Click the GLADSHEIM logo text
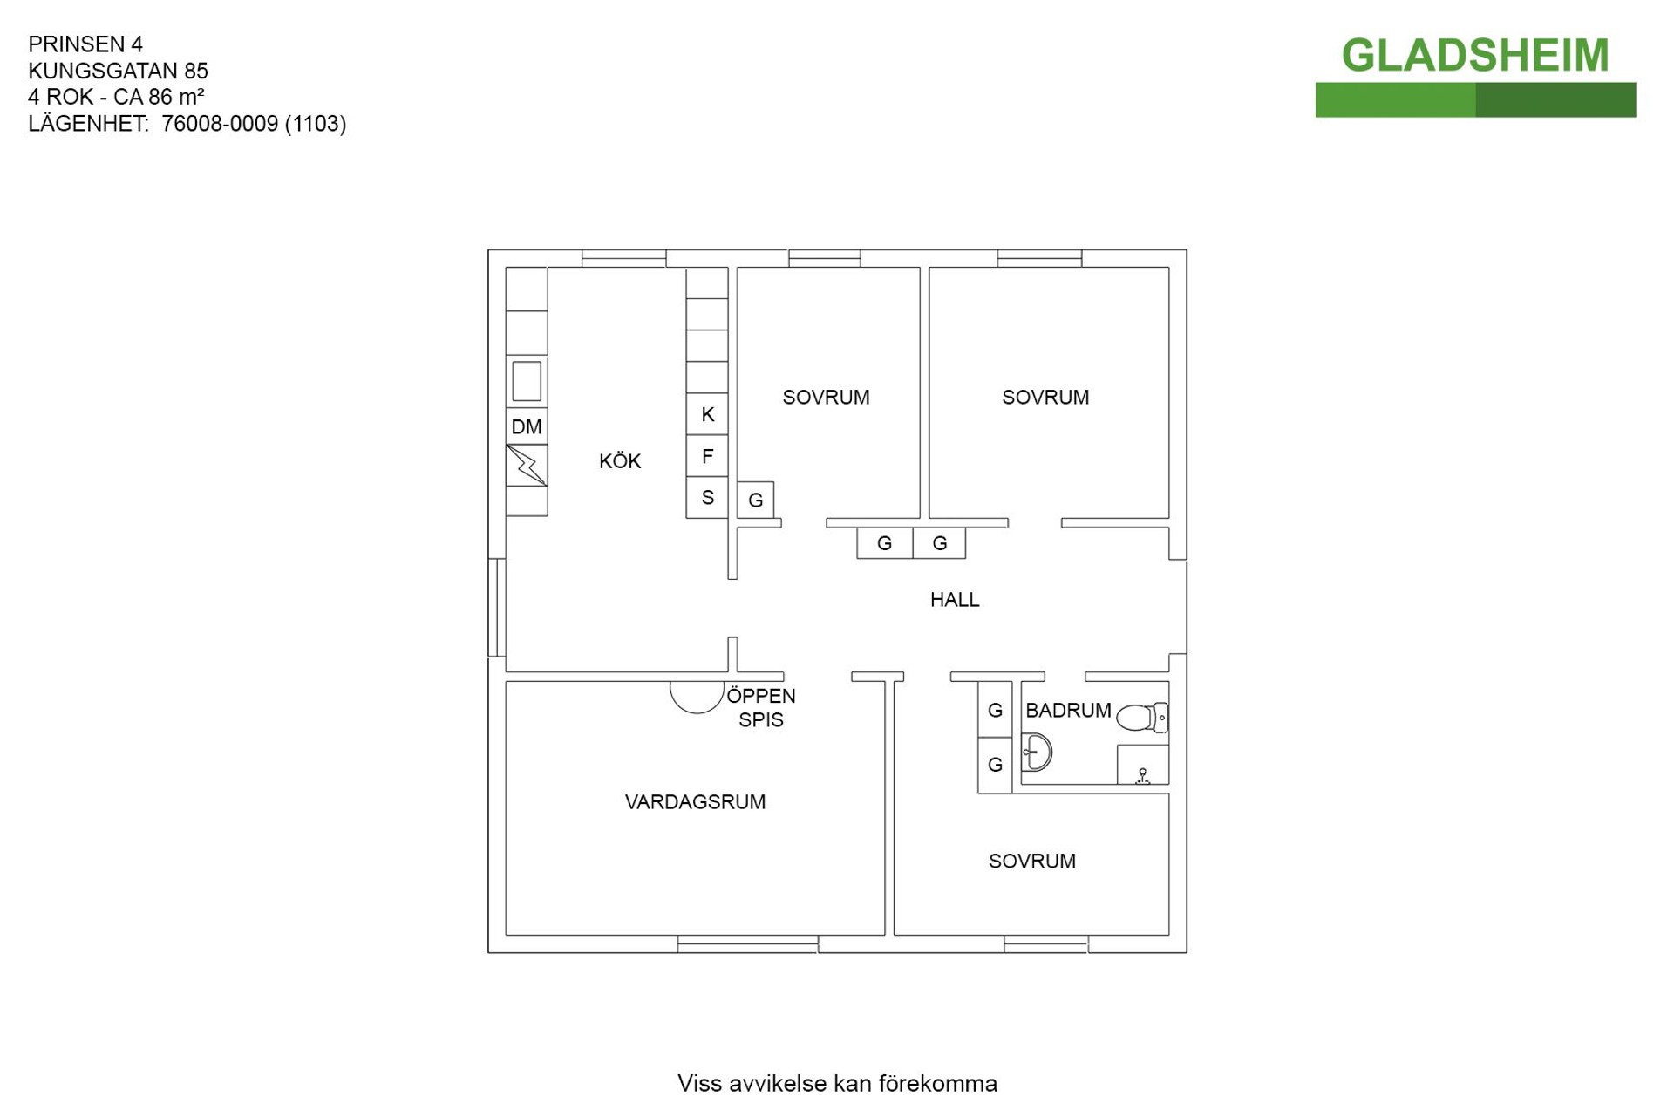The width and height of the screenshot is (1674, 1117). click(x=1474, y=55)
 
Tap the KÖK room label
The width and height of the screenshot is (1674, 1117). click(x=620, y=461)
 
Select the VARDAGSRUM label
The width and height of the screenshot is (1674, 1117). click(x=695, y=802)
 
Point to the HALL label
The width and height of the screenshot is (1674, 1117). click(x=954, y=600)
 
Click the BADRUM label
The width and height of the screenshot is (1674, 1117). click(x=1067, y=711)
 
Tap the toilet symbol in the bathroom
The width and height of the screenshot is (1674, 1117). click(x=1141, y=718)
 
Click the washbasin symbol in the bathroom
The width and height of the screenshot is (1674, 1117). click(x=1037, y=752)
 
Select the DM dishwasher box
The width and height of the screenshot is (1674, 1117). click(x=527, y=426)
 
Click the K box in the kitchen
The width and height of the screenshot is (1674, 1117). click(x=707, y=414)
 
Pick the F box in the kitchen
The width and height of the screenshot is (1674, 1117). click(x=707, y=456)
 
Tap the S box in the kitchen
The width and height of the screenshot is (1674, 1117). click(x=707, y=498)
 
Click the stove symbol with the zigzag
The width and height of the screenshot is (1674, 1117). click(x=527, y=466)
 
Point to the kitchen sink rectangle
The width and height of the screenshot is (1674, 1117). click(x=527, y=381)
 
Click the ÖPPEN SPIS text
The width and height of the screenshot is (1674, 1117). click(x=760, y=708)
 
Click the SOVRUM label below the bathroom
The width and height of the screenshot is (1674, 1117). click(x=1031, y=862)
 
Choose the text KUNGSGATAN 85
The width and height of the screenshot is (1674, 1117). click(x=118, y=71)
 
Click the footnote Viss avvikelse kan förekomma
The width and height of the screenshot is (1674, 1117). click(x=837, y=1084)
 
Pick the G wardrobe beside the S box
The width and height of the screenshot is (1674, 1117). click(x=755, y=501)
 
